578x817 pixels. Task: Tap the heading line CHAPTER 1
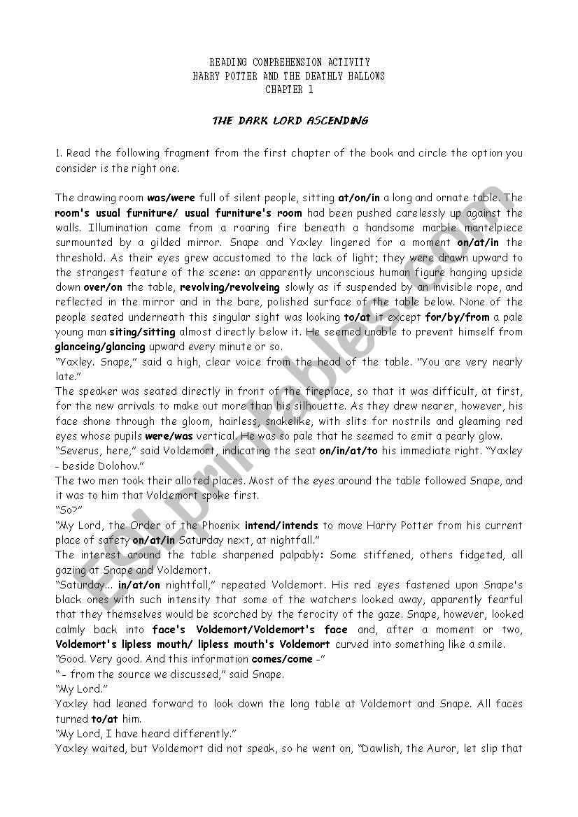point(289,89)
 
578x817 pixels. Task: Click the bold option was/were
point(171,198)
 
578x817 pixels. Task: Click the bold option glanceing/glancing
point(100,347)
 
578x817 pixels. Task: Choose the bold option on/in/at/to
point(348,451)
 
